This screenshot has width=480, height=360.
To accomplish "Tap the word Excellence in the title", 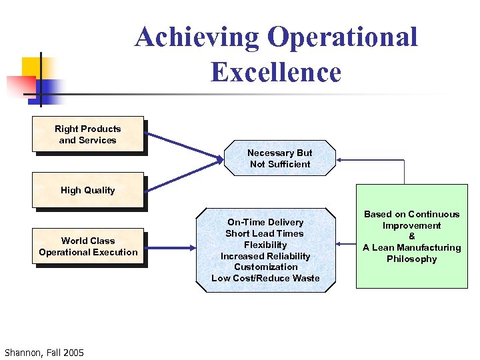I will [276, 72].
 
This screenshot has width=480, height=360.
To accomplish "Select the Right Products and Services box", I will [88, 135].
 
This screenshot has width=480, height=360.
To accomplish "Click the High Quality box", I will [88, 190].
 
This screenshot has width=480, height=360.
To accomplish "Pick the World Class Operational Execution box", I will [88, 247].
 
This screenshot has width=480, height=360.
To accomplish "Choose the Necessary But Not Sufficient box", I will [280, 158].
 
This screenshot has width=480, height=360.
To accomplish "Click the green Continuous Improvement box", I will [411, 237].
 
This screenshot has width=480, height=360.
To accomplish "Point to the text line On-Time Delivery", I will [265, 222].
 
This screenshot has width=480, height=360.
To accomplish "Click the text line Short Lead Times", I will [265, 233].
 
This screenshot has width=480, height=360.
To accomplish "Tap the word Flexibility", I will [265, 245].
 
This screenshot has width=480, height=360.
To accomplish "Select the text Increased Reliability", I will [265, 256].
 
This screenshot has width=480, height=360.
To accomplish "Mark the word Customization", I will [265, 267].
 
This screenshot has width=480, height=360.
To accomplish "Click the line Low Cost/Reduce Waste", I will [265, 278].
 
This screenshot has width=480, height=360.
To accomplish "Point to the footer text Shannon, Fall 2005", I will [44, 352].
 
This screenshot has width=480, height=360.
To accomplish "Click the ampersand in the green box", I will [411, 237].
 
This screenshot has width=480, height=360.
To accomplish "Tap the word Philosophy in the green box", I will [411, 259].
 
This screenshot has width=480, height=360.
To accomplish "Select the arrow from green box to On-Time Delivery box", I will [347, 246].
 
